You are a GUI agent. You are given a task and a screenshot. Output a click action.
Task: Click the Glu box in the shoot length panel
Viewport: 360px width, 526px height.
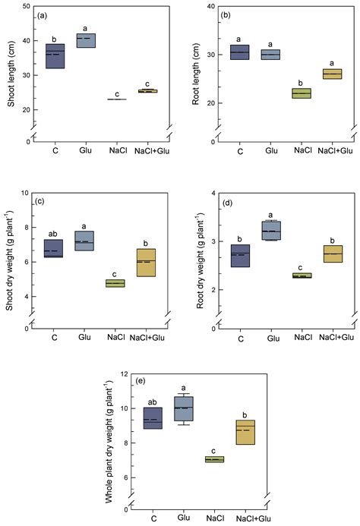coord(85,40)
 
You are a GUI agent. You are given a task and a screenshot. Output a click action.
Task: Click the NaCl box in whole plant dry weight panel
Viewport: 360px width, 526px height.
coord(215,459)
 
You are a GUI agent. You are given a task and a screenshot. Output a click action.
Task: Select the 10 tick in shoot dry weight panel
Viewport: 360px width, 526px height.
coord(28,193)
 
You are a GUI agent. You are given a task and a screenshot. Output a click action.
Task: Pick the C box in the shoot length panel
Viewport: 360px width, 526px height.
coord(54,56)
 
